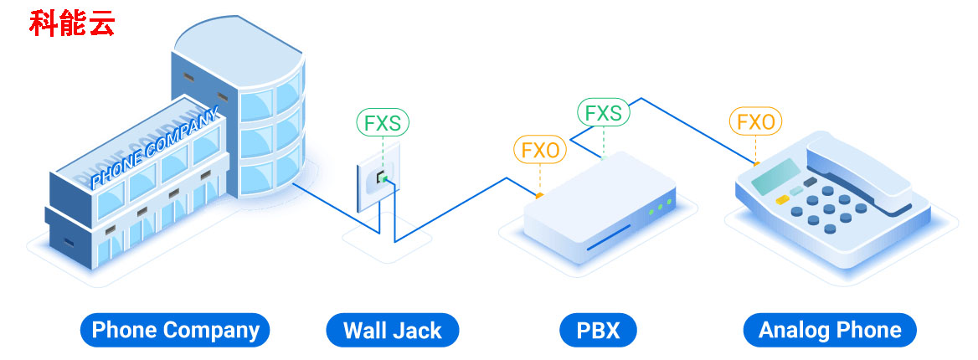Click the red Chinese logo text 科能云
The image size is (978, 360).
[x=72, y=23]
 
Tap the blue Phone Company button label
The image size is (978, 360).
[x=175, y=330]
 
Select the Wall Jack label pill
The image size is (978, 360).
[x=392, y=330]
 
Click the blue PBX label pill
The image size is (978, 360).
[x=598, y=330]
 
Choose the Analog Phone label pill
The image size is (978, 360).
[x=829, y=330]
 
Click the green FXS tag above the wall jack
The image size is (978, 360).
[x=383, y=123]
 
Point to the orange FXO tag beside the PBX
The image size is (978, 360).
[x=540, y=150]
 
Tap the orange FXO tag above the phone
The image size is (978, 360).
[x=755, y=122]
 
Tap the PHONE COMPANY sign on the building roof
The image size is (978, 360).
[x=155, y=147]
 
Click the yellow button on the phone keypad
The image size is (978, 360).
[x=782, y=199]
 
